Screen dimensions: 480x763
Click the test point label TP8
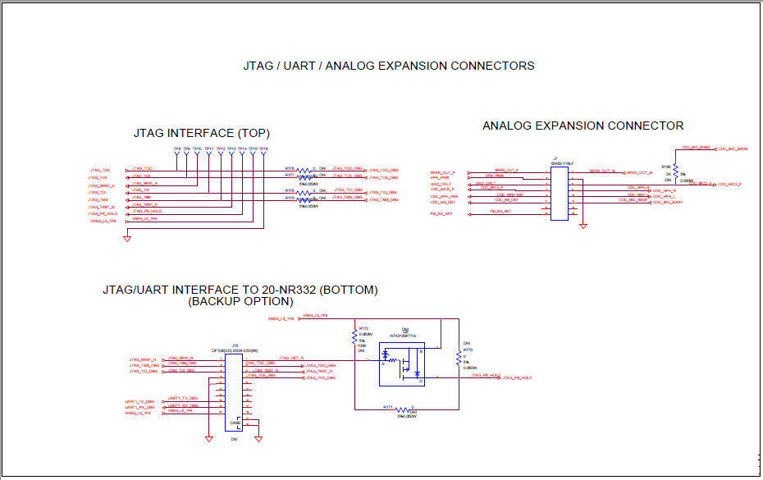tap(176, 149)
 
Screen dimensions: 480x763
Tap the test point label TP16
tap(264, 149)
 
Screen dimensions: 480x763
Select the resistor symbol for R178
tap(304, 169)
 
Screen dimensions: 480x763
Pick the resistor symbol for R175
tap(304, 199)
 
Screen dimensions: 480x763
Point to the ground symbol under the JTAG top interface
tap(127, 238)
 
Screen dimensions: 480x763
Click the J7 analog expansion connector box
tap(559, 191)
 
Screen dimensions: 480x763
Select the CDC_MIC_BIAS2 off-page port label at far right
tap(733, 149)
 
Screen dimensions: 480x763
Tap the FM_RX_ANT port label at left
tap(441, 213)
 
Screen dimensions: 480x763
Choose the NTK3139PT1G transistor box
tap(402, 363)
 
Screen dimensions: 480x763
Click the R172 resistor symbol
tap(354, 337)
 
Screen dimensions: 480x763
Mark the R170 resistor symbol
tap(458, 358)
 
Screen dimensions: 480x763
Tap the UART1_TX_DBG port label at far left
tap(139, 401)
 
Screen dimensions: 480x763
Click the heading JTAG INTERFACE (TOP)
tap(202, 133)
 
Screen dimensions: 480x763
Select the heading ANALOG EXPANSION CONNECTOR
tap(583, 126)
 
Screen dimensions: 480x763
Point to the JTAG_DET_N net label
tap(291, 358)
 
